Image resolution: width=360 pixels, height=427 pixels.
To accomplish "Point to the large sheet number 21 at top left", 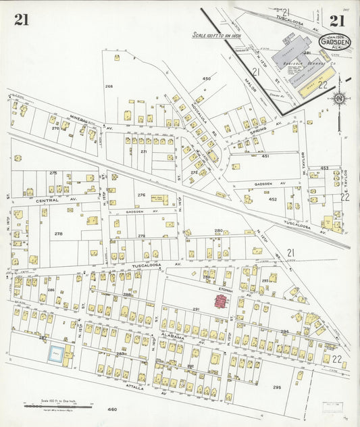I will [x=21, y=20].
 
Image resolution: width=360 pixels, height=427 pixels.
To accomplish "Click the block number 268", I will [x=109, y=86].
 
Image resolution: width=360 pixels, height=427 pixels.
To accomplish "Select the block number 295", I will [x=276, y=387].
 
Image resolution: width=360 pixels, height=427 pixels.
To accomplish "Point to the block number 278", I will [x=59, y=234].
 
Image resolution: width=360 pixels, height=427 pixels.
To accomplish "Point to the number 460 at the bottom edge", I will [x=111, y=409].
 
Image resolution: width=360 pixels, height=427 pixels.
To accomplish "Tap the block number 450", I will [x=207, y=79].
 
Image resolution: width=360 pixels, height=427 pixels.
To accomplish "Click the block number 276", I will [x=141, y=195].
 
